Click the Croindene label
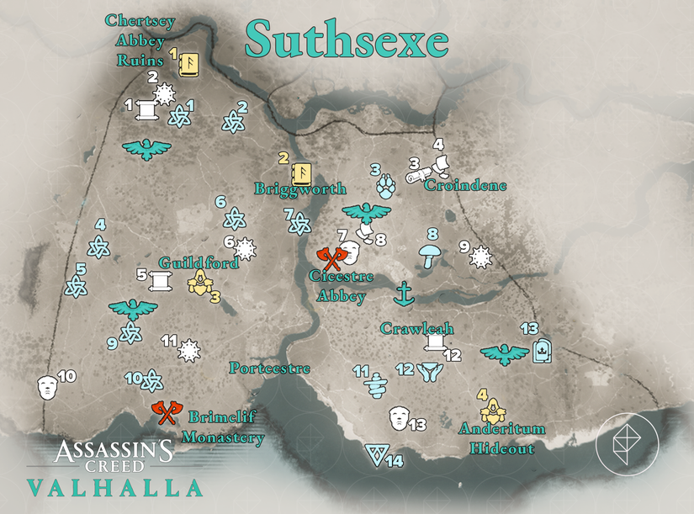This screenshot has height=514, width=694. coord(466,184)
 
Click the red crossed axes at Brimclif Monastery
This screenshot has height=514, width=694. coord(166,412)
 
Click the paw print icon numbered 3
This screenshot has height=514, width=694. coord(386,186)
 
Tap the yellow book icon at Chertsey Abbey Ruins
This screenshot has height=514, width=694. coord(188,63)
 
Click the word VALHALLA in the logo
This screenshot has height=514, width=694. coord(114,488)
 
